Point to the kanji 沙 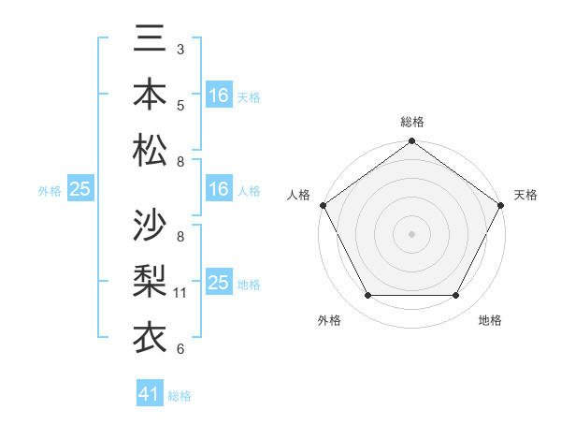pyautogui.click(x=150, y=225)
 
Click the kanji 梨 pyautogui.click(x=150, y=280)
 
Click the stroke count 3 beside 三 pyautogui.click(x=180, y=50)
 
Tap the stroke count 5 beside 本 pyautogui.click(x=180, y=105)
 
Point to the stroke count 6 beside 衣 pyautogui.click(x=180, y=349)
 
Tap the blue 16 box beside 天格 pyautogui.click(x=219, y=95)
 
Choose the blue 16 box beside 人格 pyautogui.click(x=219, y=189)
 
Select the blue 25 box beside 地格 pyautogui.click(x=219, y=283)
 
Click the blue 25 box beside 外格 pyautogui.click(x=80, y=189)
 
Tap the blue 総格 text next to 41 pyautogui.click(x=180, y=396)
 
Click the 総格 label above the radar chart pyautogui.click(x=411, y=122)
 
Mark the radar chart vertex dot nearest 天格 pyautogui.click(x=500, y=205)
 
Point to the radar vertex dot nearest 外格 pyautogui.click(x=367, y=296)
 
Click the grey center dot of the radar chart pyautogui.click(x=411, y=233)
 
